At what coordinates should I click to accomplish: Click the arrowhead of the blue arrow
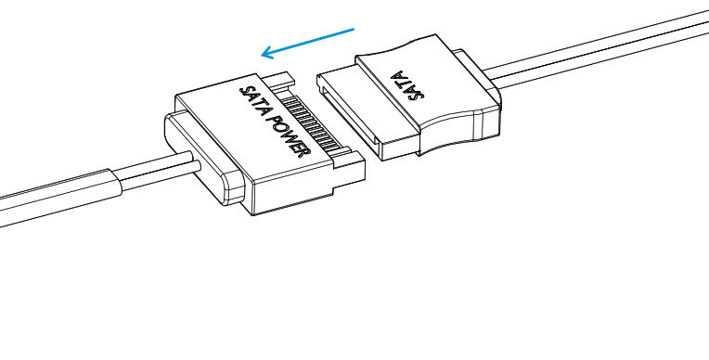tap(266, 53)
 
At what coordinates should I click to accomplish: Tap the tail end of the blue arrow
tap(353, 30)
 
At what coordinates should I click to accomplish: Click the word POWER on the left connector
tap(289, 135)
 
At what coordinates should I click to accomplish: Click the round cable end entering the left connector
tap(196, 165)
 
